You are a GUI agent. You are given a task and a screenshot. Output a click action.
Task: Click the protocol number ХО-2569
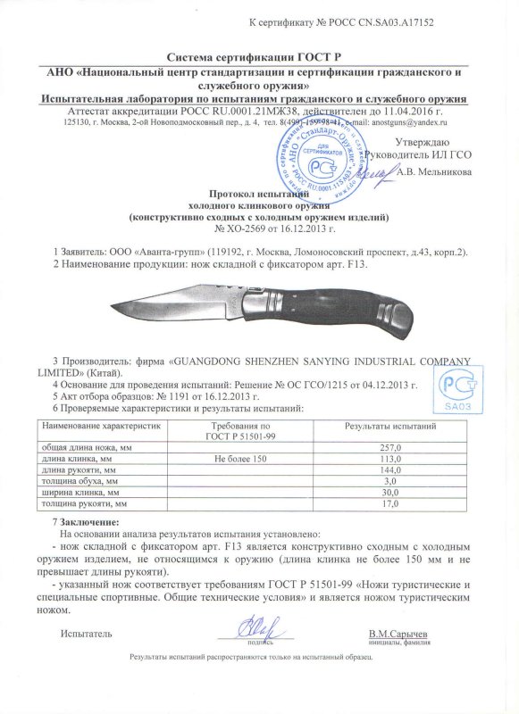coord(230,228)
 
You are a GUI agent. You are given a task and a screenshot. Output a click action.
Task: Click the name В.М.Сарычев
coord(398,634)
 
